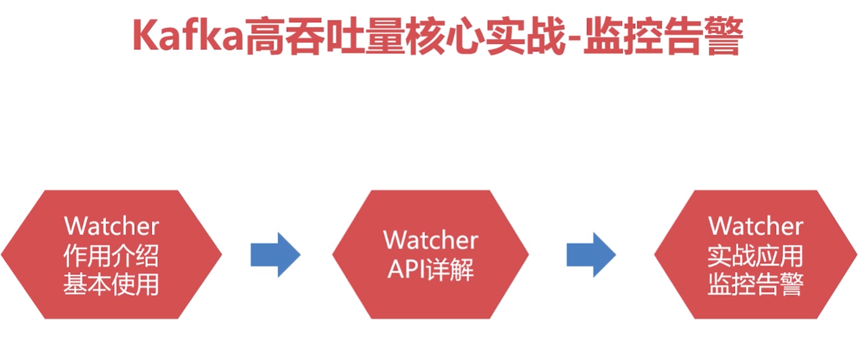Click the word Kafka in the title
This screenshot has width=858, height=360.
(x=188, y=35)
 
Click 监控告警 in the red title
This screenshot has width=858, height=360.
(x=662, y=36)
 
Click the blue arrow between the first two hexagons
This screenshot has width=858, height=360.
(x=276, y=254)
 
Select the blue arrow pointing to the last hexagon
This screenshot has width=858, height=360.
(x=592, y=254)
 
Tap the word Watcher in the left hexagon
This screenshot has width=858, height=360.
(x=112, y=227)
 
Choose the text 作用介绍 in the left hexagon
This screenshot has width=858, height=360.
(x=111, y=256)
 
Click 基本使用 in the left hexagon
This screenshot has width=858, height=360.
(x=111, y=284)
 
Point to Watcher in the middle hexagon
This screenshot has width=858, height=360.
(x=431, y=240)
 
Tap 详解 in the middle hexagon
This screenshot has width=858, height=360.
(x=449, y=269)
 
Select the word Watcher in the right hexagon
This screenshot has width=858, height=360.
(x=756, y=226)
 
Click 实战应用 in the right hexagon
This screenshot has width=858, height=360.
(x=756, y=256)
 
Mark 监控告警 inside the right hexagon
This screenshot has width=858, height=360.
(x=756, y=284)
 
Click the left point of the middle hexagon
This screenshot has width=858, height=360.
(x=333, y=254)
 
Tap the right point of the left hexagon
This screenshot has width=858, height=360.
(x=222, y=254)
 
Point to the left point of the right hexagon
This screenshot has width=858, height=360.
(x=654, y=254)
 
